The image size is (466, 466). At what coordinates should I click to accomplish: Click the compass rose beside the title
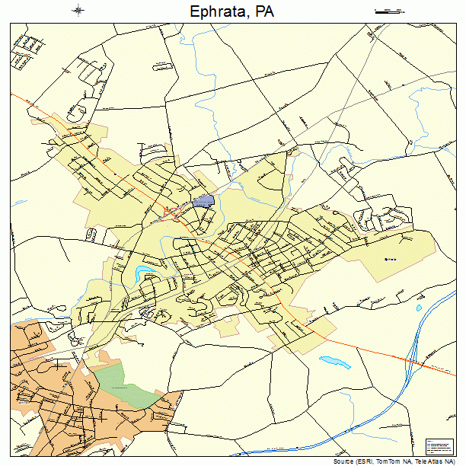[x=79, y=11]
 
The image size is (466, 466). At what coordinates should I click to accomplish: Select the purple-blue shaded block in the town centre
[x=203, y=201]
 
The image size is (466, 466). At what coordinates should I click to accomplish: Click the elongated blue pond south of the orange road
[x=334, y=360]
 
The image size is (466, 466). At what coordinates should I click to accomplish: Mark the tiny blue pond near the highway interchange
[x=418, y=308]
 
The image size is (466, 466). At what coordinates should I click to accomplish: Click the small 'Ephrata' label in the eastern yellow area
[x=391, y=259]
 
